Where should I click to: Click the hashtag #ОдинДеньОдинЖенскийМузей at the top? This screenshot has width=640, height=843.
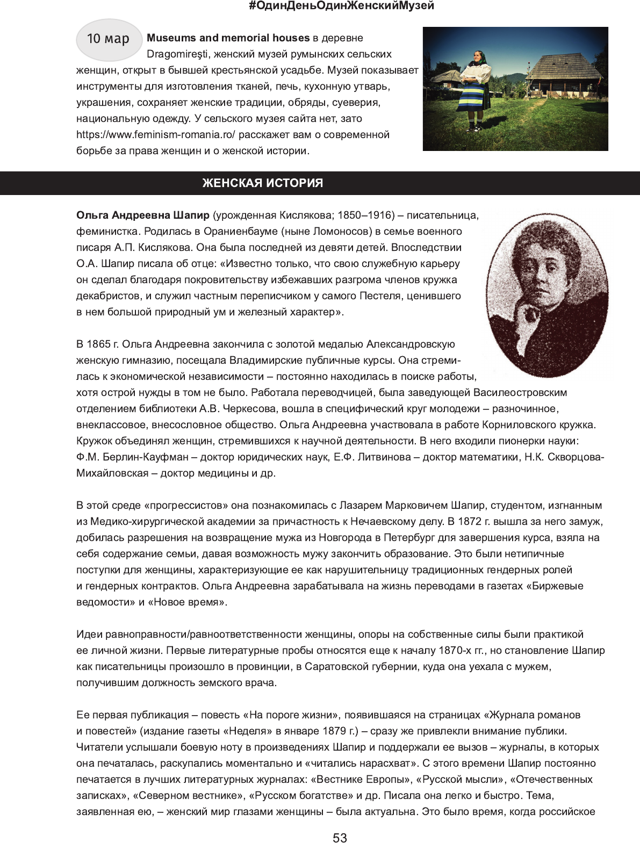click(341, 6)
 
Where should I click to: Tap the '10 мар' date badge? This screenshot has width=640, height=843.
click(109, 39)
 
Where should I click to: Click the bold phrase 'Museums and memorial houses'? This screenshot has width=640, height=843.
click(228, 38)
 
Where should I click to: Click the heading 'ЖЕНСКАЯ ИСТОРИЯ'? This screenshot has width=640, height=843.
click(263, 183)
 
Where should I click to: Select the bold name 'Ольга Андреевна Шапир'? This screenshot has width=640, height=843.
click(143, 215)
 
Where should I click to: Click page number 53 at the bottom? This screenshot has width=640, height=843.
click(340, 838)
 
